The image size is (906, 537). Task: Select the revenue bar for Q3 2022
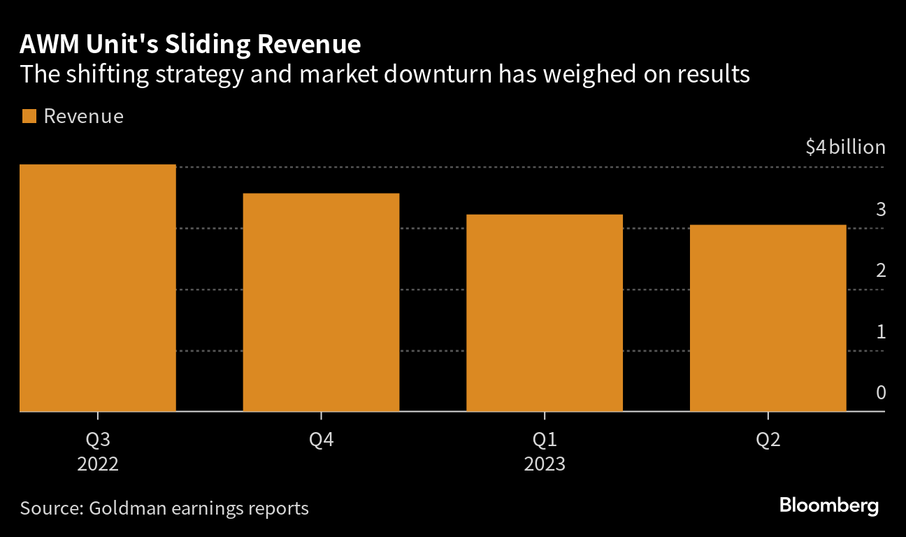coord(98,288)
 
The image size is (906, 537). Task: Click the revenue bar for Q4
coord(321,302)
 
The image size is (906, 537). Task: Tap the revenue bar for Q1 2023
coord(545,313)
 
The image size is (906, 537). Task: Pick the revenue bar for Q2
coord(768,318)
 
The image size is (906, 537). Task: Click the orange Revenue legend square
coord(29,117)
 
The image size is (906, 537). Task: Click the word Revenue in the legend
coord(83,117)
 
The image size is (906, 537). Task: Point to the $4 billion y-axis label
coord(845,148)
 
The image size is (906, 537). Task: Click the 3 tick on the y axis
coord(881,209)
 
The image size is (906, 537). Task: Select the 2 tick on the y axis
coord(881,270)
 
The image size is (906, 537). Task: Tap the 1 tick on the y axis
coord(881,331)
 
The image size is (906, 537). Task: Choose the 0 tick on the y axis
coord(881,392)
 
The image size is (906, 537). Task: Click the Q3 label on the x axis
coord(98,440)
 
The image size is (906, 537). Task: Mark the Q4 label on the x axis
coord(321,440)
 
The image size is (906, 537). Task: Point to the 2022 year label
coord(98,464)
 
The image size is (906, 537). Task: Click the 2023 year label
coord(545,464)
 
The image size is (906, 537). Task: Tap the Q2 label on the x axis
coord(768,440)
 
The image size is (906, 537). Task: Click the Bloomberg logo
coord(829,506)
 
